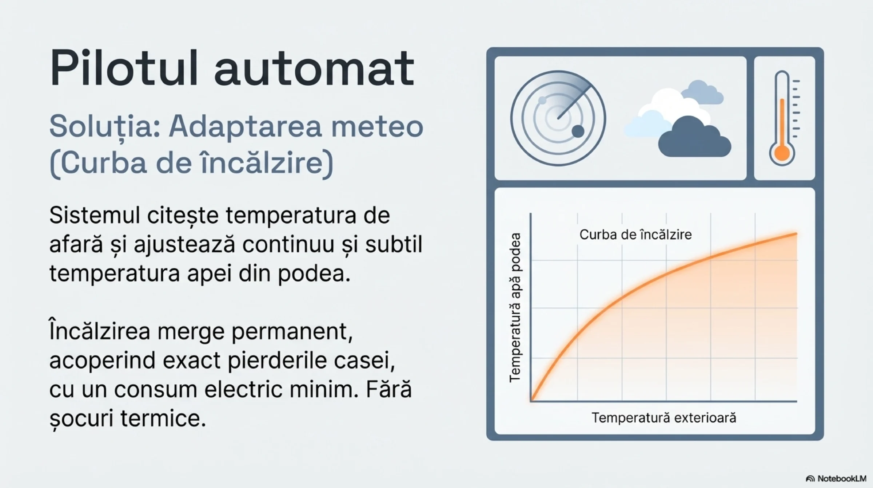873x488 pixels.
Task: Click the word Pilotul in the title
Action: [124, 68]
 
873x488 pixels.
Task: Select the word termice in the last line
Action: [163, 418]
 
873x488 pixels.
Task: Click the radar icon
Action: [558, 118]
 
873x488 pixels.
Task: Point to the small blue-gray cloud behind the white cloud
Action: [702, 92]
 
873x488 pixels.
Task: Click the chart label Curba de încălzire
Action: [635, 235]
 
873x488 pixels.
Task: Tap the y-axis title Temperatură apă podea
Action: [515, 308]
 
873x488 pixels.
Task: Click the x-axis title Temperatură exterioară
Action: [664, 418]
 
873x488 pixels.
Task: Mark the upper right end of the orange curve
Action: [797, 234]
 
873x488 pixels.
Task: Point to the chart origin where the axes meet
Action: [531, 401]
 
